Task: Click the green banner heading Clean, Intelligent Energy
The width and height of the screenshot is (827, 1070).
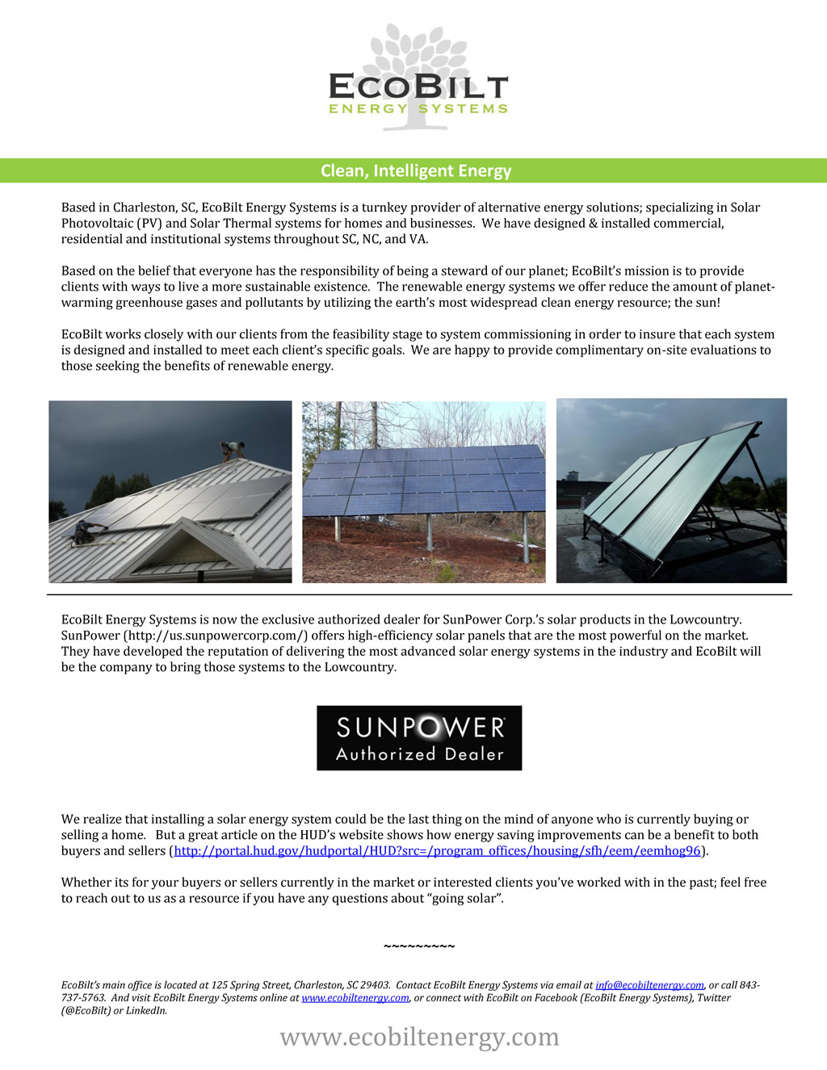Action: click(416, 170)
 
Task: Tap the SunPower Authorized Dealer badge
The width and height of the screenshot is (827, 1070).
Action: click(419, 738)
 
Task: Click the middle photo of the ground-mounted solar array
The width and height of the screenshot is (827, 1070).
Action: click(423, 492)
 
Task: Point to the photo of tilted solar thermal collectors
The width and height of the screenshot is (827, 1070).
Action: click(671, 490)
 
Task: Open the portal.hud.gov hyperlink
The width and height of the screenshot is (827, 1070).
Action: click(437, 851)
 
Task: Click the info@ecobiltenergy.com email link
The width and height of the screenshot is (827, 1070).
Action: click(649, 985)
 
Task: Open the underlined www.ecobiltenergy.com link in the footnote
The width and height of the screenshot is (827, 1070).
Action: click(355, 998)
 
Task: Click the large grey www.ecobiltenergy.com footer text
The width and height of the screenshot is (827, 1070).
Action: click(419, 1037)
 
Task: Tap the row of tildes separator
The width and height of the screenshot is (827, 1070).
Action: click(419, 946)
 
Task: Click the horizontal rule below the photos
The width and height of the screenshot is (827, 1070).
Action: click(419, 594)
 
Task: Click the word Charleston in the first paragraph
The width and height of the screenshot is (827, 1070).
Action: click(144, 208)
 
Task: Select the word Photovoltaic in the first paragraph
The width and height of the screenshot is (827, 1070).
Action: click(97, 224)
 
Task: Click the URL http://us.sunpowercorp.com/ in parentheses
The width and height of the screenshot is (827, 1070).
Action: click(216, 636)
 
